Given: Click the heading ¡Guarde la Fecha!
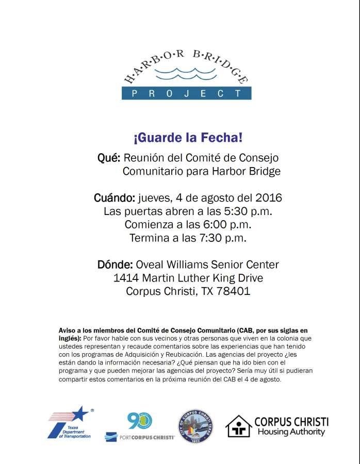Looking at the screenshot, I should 188,138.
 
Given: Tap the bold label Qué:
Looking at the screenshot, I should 109,158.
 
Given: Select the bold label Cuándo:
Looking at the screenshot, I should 114,198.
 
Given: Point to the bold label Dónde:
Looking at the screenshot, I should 115,265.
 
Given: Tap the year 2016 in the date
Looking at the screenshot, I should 269,198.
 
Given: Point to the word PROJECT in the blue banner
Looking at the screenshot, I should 186,93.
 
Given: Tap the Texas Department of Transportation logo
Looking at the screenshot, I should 71,423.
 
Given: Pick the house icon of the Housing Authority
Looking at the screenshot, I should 238,426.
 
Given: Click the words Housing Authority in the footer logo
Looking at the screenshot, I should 291,432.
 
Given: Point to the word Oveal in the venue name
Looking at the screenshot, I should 150,265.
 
